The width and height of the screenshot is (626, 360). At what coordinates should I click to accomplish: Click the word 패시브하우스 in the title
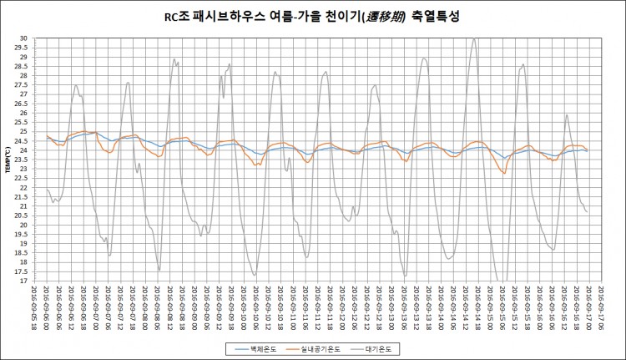click(x=220, y=16)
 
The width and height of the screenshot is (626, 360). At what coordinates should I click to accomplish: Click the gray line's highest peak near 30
click(x=474, y=38)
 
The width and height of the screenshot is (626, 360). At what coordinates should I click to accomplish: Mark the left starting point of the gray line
click(x=46, y=189)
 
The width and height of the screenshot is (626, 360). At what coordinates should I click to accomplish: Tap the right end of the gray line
click(x=588, y=212)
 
